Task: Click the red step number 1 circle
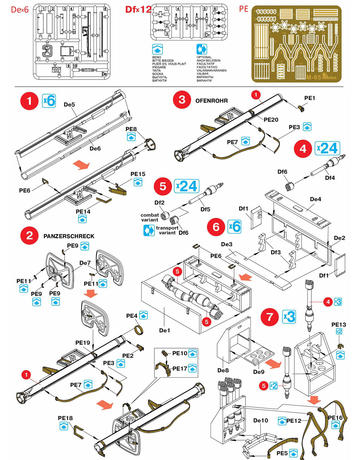pos(30,101)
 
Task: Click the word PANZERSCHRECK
pos(69,236)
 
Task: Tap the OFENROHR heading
pos(212,101)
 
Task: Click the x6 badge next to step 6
pos(235,226)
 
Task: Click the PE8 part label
pos(131,129)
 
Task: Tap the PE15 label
pos(138,174)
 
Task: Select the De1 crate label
pos(165,330)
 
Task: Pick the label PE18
pos(65,418)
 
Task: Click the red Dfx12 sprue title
pos(138,9)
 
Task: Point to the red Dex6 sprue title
pos(19,10)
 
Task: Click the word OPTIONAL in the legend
pos(204,57)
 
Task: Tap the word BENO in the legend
pos(157,57)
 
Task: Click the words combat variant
pos(149,217)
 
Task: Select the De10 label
pos(261,420)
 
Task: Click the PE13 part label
pos(338,325)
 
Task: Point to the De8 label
pos(223,370)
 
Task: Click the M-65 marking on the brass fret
pos(314,77)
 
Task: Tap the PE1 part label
pos(310,98)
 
